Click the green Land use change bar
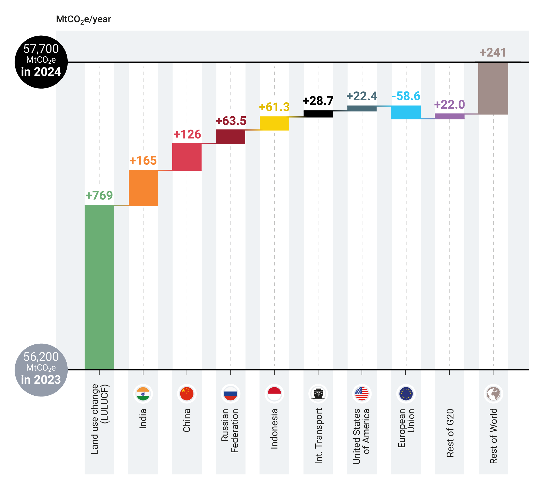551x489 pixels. click(99, 287)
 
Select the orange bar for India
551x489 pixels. click(143, 188)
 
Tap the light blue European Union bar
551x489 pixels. click(406, 112)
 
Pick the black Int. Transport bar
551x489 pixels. click(318, 114)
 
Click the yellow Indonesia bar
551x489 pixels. click(274, 123)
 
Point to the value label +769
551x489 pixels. click(99, 195)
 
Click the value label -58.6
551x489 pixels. click(406, 96)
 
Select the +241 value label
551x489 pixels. click(493, 52)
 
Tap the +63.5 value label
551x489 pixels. click(231, 121)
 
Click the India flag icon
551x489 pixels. click(143, 394)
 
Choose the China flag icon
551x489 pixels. click(187, 394)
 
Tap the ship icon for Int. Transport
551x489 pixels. click(318, 394)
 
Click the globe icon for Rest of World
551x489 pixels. click(493, 394)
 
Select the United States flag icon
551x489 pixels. click(362, 394)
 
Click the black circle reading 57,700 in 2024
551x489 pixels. click(41, 62)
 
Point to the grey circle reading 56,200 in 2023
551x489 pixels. click(41, 370)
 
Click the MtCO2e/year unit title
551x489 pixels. click(83, 19)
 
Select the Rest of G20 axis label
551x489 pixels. click(450, 433)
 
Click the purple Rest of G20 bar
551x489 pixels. click(449, 117)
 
